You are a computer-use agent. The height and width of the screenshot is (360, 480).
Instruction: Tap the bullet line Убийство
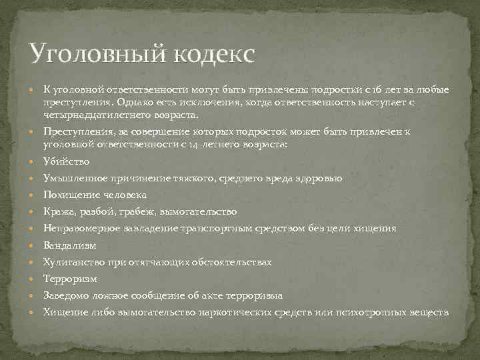[x=66, y=161]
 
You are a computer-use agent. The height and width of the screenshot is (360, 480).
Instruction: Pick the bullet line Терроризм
[x=70, y=279]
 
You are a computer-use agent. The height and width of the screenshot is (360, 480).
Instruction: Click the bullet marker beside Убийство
[x=35, y=162]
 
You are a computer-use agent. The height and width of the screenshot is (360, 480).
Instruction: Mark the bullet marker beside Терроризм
[x=35, y=279]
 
